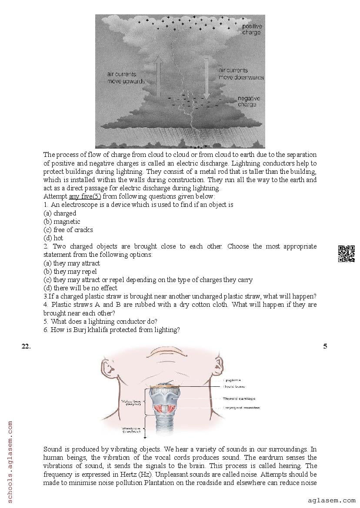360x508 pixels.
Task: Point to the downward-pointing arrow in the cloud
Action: (207, 83)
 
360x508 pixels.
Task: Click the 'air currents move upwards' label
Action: (126, 78)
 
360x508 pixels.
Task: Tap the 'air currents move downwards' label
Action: (240, 73)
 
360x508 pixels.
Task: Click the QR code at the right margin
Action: (346, 254)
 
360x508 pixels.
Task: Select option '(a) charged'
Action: (60, 213)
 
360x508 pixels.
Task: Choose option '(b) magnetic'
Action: (62, 221)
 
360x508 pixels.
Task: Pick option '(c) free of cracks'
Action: (68, 229)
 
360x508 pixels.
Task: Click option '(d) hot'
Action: (53, 238)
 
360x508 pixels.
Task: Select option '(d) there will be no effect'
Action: (80, 288)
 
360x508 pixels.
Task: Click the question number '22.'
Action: (26, 346)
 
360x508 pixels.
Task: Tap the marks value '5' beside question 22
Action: (325, 346)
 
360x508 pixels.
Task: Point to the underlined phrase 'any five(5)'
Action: (85, 196)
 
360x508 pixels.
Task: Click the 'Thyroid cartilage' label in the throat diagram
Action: (239, 398)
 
